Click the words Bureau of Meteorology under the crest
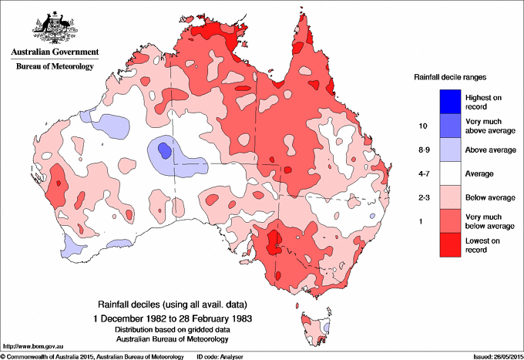[54, 66]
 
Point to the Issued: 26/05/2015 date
[494, 355]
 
